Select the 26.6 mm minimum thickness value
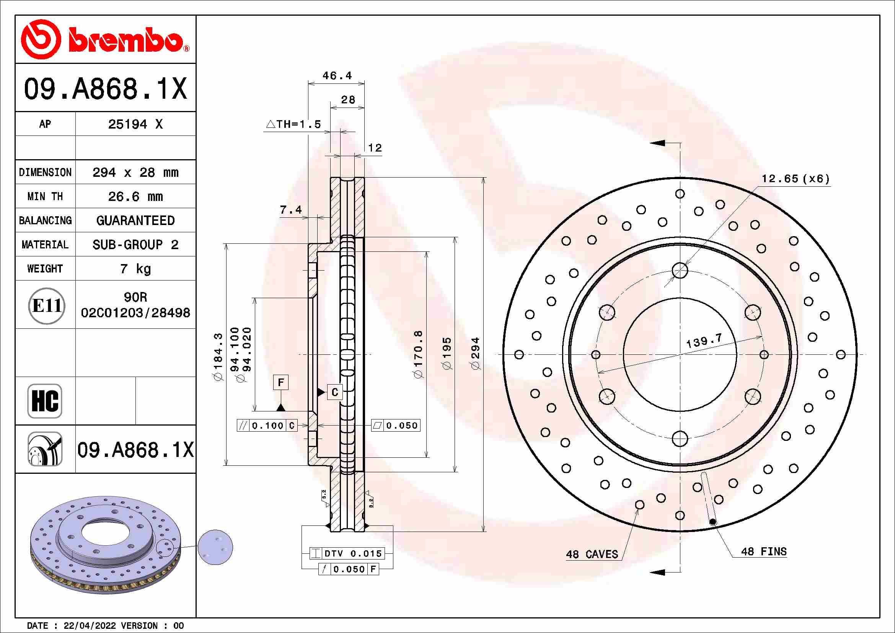[135, 196]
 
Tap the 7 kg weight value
[135, 269]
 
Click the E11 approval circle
[47, 306]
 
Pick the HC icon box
[45, 401]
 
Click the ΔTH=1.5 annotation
[293, 124]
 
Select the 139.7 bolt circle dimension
[704, 341]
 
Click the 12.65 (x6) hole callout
[795, 178]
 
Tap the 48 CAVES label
[592, 554]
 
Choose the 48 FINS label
[763, 551]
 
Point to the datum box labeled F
[280, 382]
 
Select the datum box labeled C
[334, 392]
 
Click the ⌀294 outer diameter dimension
[476, 353]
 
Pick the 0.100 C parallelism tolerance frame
[267, 426]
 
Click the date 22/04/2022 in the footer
[89, 626]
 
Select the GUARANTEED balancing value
[135, 220]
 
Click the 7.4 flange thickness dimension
[290, 210]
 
